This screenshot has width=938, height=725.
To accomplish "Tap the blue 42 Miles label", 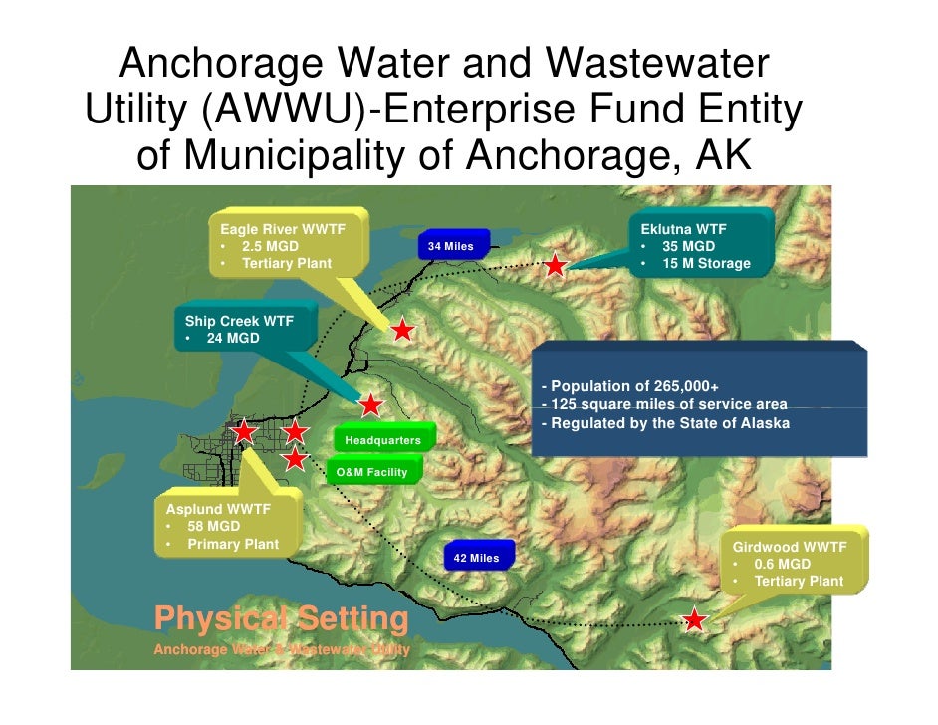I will [476, 558].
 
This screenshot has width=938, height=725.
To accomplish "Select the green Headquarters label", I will [382, 440].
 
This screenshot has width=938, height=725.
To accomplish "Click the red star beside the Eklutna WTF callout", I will [555, 266].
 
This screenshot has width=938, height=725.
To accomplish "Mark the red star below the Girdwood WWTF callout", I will [695, 620].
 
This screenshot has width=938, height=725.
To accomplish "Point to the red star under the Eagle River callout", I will [402, 330].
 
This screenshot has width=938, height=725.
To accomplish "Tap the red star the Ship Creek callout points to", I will [370, 405].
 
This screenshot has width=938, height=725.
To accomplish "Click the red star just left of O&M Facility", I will [295, 459].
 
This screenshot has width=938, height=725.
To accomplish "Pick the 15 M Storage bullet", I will [706, 264].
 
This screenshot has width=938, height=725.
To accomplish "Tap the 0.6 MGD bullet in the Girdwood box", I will [782, 564].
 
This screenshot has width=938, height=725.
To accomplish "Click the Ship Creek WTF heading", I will [239, 321].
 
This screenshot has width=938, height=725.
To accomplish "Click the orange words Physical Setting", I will [282, 619].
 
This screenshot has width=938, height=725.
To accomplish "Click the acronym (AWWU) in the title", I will [284, 112].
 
